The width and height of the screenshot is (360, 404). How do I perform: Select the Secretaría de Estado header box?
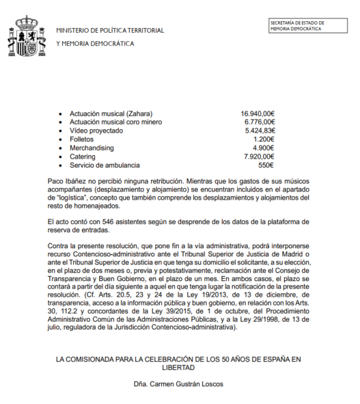[x=306, y=26]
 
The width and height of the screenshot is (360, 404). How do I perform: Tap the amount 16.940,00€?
[x=258, y=113]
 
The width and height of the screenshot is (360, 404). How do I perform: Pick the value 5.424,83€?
[x=259, y=131]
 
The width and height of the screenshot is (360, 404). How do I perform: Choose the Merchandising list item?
[x=92, y=148]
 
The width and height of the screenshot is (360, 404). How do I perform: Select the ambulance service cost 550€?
[x=266, y=165]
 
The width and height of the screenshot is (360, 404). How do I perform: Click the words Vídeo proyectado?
[x=95, y=131]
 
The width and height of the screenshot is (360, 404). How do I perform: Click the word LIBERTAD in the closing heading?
[x=179, y=366]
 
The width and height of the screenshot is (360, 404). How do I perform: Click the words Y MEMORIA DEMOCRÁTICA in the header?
[x=95, y=44]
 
